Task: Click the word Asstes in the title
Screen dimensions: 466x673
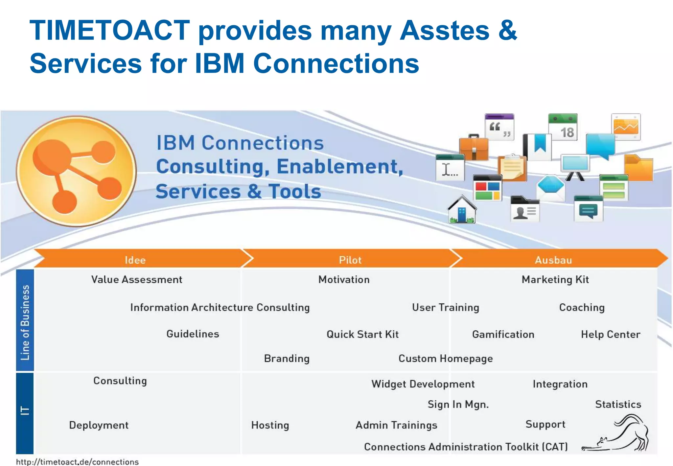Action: pyautogui.click(x=444, y=30)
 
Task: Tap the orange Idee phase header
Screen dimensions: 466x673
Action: pyautogui.click(x=135, y=260)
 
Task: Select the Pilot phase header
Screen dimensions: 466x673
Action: pyautogui.click(x=350, y=260)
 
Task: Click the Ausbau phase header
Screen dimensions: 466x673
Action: pyautogui.click(x=553, y=260)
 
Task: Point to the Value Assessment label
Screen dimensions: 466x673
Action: pyautogui.click(x=137, y=280)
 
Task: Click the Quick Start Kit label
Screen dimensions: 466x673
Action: pyautogui.click(x=362, y=334)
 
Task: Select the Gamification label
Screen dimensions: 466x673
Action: pyautogui.click(x=503, y=334)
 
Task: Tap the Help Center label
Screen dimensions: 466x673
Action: pyautogui.click(x=611, y=334)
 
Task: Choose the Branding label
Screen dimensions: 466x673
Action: pyautogui.click(x=287, y=358)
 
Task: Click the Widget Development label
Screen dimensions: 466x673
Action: pyautogui.click(x=423, y=384)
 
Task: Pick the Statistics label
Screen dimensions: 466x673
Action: pyautogui.click(x=618, y=404)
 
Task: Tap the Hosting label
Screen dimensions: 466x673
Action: pyautogui.click(x=270, y=425)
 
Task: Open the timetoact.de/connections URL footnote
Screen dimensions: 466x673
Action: pyautogui.click(x=78, y=462)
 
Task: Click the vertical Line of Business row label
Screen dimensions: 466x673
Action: pyautogui.click(x=25, y=322)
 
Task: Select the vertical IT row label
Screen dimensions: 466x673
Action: pyautogui.click(x=25, y=411)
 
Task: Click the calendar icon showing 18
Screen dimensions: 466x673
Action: pyautogui.click(x=563, y=127)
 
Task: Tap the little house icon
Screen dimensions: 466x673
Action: pyautogui.click(x=462, y=210)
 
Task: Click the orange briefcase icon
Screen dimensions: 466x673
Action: pyautogui.click(x=474, y=148)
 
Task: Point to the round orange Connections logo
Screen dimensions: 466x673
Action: pyautogui.click(x=77, y=171)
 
